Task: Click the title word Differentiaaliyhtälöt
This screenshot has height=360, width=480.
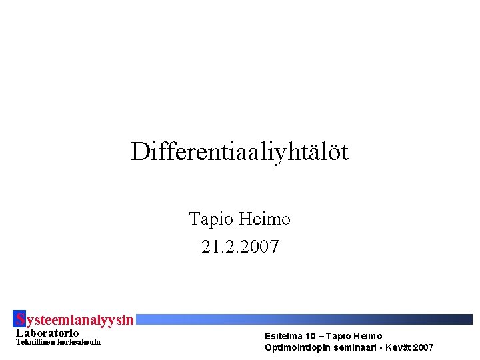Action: click(x=240, y=152)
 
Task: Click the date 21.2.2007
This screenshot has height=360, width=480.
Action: click(x=240, y=247)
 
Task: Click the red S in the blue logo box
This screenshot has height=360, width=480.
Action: click(x=20, y=319)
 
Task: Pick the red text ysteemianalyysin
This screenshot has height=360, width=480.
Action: click(x=80, y=320)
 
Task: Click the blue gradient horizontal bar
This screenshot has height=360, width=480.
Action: click(x=307, y=319)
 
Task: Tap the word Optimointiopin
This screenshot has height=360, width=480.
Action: click(x=295, y=347)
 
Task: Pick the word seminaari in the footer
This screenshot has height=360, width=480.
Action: click(x=350, y=347)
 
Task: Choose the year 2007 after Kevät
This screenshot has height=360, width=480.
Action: click(x=423, y=347)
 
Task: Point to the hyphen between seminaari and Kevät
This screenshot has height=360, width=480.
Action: click(x=378, y=347)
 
